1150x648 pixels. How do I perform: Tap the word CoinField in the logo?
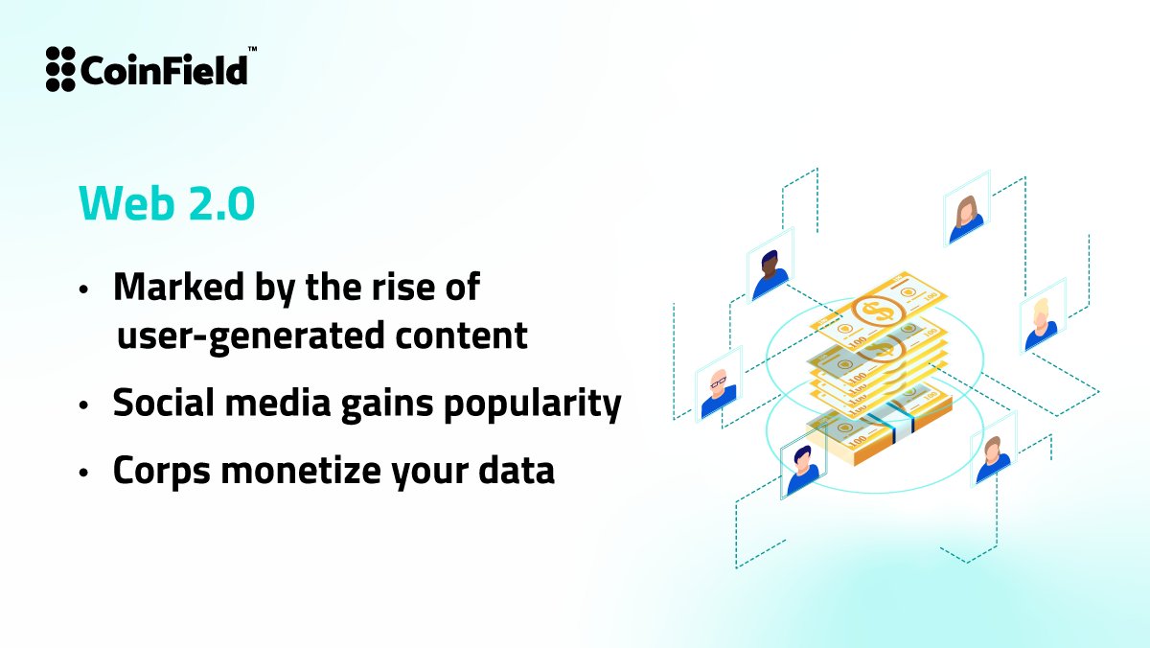coord(163,70)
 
